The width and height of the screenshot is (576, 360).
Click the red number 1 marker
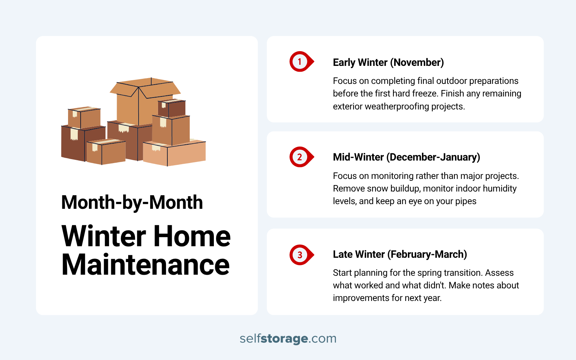pos(300,62)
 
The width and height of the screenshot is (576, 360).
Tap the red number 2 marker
pos(300,157)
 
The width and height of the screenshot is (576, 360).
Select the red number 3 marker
pos(300,255)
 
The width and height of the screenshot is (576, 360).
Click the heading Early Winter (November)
pos(388,62)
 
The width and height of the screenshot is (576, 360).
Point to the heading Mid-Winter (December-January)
pos(406,157)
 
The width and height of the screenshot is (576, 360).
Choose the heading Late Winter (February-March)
pos(400,254)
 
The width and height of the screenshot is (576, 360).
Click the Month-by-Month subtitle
pos(132,202)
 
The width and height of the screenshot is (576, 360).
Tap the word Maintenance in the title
pos(145,265)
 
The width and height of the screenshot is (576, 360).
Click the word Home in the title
pos(192,236)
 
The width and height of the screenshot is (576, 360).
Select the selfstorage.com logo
pos(288,338)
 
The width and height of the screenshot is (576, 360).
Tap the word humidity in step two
pos(499,189)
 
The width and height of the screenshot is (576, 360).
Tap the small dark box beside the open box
pos(172,108)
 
